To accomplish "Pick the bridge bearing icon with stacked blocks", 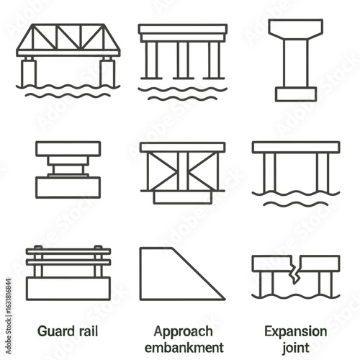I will [68, 169].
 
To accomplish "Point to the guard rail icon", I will [68, 272].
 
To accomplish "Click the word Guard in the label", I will [55, 331].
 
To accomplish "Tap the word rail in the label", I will [87, 331].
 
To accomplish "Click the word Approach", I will [184, 331].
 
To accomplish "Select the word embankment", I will [184, 347].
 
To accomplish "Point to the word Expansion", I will [295, 331].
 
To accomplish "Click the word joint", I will [295, 347].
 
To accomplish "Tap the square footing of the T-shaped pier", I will [295, 94].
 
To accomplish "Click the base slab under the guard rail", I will [68, 288].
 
